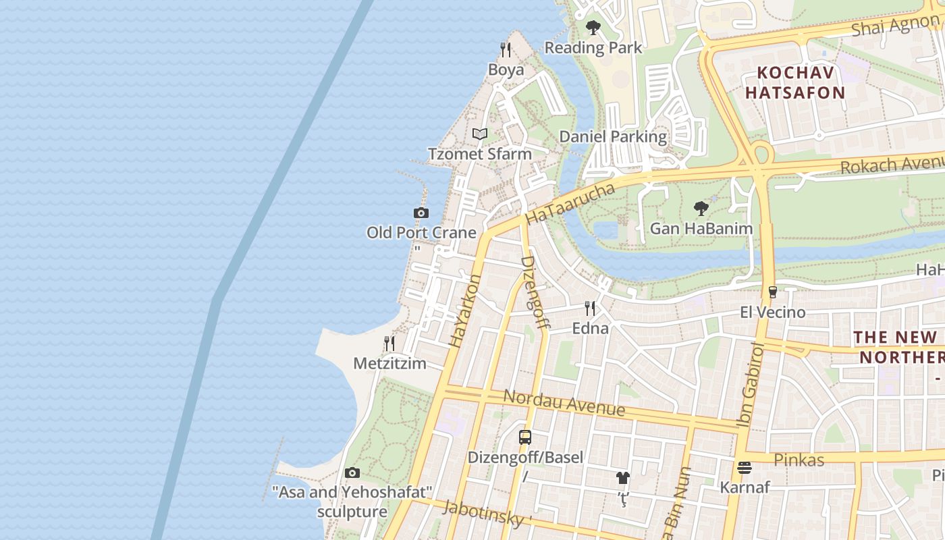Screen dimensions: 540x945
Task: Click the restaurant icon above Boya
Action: point(505,49)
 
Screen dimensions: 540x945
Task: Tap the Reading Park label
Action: point(593,48)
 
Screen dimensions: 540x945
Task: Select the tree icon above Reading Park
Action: point(593,28)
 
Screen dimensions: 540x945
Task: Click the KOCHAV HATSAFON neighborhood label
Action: point(795,82)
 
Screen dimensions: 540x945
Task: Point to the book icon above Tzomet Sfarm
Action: point(480,134)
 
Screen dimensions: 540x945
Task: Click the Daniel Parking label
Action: point(613,137)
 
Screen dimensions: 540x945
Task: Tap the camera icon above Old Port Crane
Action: point(421,213)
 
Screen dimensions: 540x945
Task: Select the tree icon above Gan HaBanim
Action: point(701,208)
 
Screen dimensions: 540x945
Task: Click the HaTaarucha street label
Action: point(570,205)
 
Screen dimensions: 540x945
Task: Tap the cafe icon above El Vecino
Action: point(772,292)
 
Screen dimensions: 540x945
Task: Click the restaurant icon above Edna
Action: point(590,308)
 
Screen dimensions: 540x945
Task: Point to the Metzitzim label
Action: point(389,364)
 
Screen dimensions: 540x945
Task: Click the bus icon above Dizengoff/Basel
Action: point(525,437)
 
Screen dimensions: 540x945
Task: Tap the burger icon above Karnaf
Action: point(745,467)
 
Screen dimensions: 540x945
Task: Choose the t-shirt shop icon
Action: point(622,478)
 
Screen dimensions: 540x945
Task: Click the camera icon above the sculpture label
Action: point(352,473)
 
